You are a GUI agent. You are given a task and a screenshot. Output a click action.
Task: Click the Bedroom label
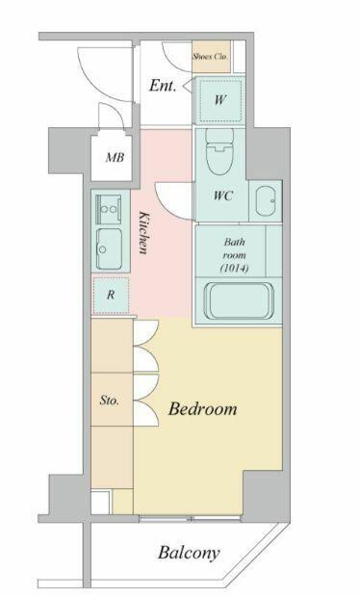(202, 409)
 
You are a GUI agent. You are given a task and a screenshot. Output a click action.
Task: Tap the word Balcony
(189, 553)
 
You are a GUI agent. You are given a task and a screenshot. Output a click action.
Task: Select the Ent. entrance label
(163, 86)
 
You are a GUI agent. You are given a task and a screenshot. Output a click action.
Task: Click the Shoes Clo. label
(210, 57)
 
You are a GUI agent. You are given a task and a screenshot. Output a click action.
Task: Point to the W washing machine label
(220, 100)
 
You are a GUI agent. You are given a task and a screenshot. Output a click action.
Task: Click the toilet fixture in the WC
(219, 151)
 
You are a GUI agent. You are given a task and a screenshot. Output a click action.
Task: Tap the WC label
(222, 195)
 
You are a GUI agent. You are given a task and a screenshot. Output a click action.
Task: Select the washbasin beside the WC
(266, 200)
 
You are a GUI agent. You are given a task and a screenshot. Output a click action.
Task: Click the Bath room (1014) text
(234, 255)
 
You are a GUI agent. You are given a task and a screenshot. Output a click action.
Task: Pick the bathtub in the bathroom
(239, 301)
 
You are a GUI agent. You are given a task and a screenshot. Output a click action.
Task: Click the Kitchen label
(143, 233)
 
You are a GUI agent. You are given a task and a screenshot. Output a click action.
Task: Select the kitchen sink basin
(109, 248)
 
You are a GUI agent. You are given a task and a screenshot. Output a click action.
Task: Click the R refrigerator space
(111, 295)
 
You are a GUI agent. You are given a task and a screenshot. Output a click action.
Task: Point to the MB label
(115, 157)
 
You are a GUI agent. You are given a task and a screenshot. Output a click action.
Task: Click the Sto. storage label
(110, 401)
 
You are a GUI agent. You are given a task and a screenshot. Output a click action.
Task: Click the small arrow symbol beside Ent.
(187, 87)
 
